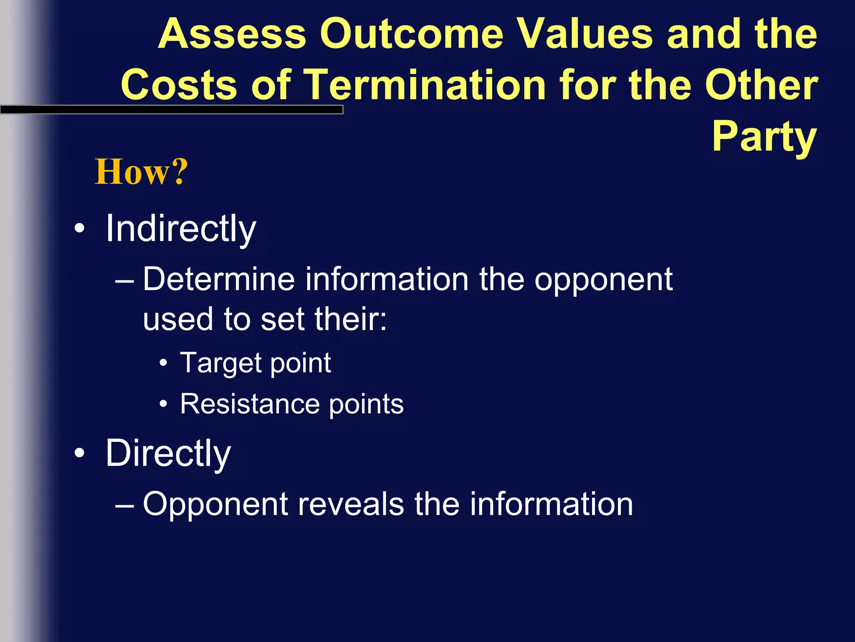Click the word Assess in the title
[x=232, y=34]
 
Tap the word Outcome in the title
[x=411, y=34]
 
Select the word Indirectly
[x=180, y=229]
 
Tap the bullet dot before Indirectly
[x=79, y=229]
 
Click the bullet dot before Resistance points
[x=164, y=404]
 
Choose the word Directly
[x=168, y=454]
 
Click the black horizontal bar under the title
[x=171, y=110]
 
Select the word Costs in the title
[x=179, y=85]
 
